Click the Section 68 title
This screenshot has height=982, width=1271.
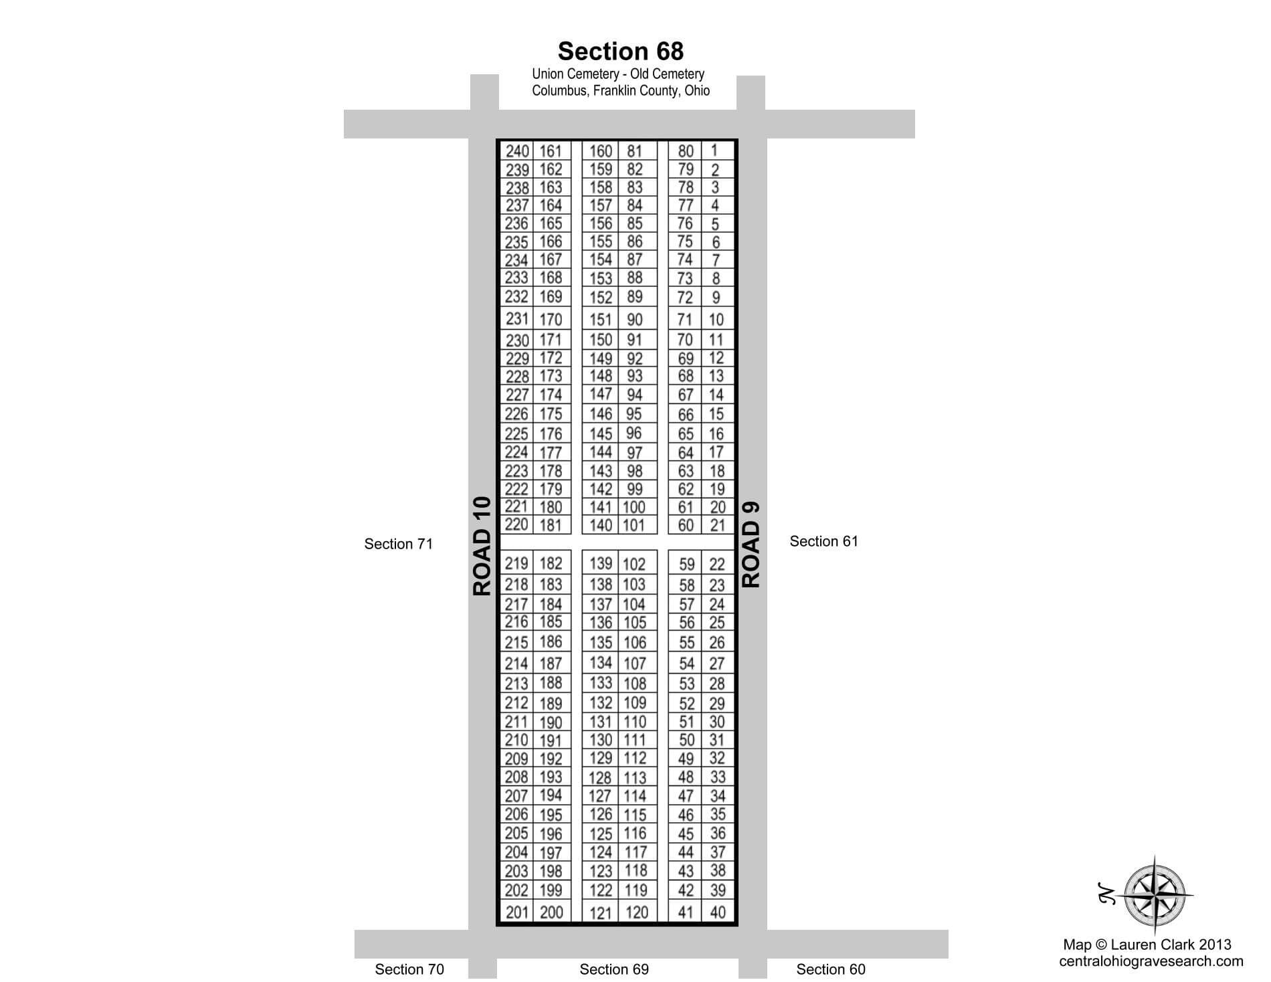[x=620, y=52]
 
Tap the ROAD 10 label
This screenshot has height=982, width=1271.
[x=482, y=546]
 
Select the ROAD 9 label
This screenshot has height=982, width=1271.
[x=751, y=545]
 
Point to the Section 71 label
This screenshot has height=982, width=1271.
[x=398, y=544]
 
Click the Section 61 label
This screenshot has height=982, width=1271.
[x=823, y=541]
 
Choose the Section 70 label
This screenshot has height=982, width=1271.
[x=409, y=969]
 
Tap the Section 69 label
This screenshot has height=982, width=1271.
[x=614, y=969]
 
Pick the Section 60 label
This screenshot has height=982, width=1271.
[x=830, y=969]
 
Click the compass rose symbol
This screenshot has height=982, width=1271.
[x=1159, y=895]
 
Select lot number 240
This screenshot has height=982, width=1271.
[x=517, y=152]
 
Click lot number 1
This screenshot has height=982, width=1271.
[x=714, y=151]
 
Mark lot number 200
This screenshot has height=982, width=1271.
[x=551, y=912]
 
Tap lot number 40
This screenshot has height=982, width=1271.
[x=717, y=912]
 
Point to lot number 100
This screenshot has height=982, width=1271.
[x=633, y=507]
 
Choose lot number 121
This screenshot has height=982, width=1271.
[x=601, y=912]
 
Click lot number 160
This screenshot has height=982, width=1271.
[x=601, y=152]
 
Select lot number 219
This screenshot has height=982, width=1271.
[x=516, y=563]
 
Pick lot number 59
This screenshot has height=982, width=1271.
[x=686, y=565]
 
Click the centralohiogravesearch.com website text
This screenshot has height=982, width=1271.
[x=1151, y=961]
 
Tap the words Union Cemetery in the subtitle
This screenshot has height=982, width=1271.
[x=574, y=74]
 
